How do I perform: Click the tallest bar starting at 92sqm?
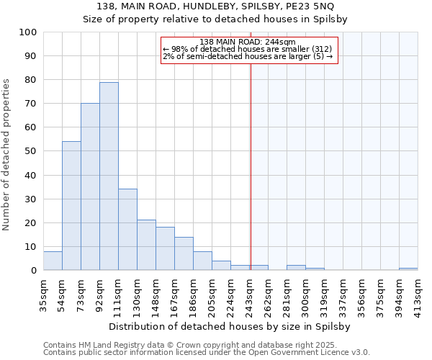pos(109,176)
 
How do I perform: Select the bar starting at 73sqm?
pos(90,187)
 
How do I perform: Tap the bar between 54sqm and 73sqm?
pos(71,206)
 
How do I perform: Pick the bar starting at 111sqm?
pos(127,230)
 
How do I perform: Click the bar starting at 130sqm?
pos(146,245)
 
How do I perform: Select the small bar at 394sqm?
pos(408,269)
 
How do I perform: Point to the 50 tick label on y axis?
pos(31,151)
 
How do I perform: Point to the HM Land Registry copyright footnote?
pos(206,345)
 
